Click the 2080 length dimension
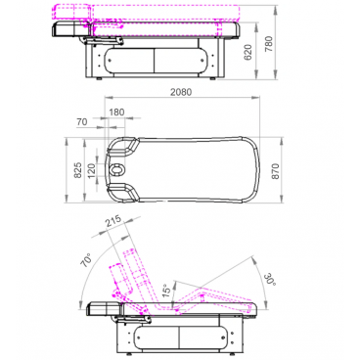pos(181,92)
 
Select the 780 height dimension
pos(269,45)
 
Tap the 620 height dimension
pos(248,53)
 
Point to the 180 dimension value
pos(116,112)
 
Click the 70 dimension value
pos(82,122)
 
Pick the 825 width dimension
pos(78,170)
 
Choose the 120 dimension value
pos(92,169)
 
